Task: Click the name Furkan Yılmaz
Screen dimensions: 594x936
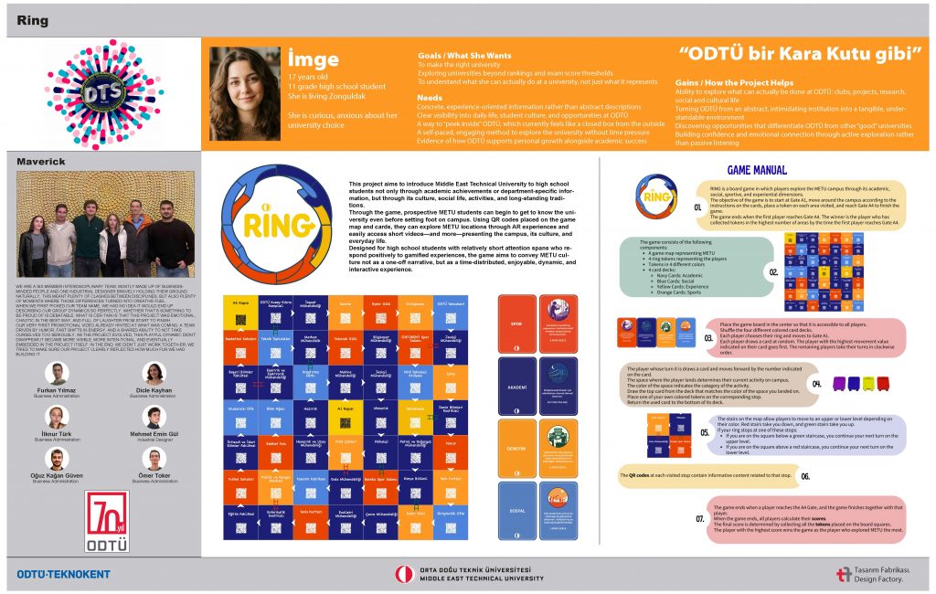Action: coord(57,388)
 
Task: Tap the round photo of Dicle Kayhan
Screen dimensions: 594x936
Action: coord(154,372)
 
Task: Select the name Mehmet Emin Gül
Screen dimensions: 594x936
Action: coord(154,433)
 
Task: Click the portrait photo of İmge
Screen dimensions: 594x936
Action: coord(245,93)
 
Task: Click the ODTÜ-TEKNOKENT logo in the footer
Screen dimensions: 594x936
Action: coord(63,574)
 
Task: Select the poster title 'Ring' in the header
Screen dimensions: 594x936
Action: coord(32,20)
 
